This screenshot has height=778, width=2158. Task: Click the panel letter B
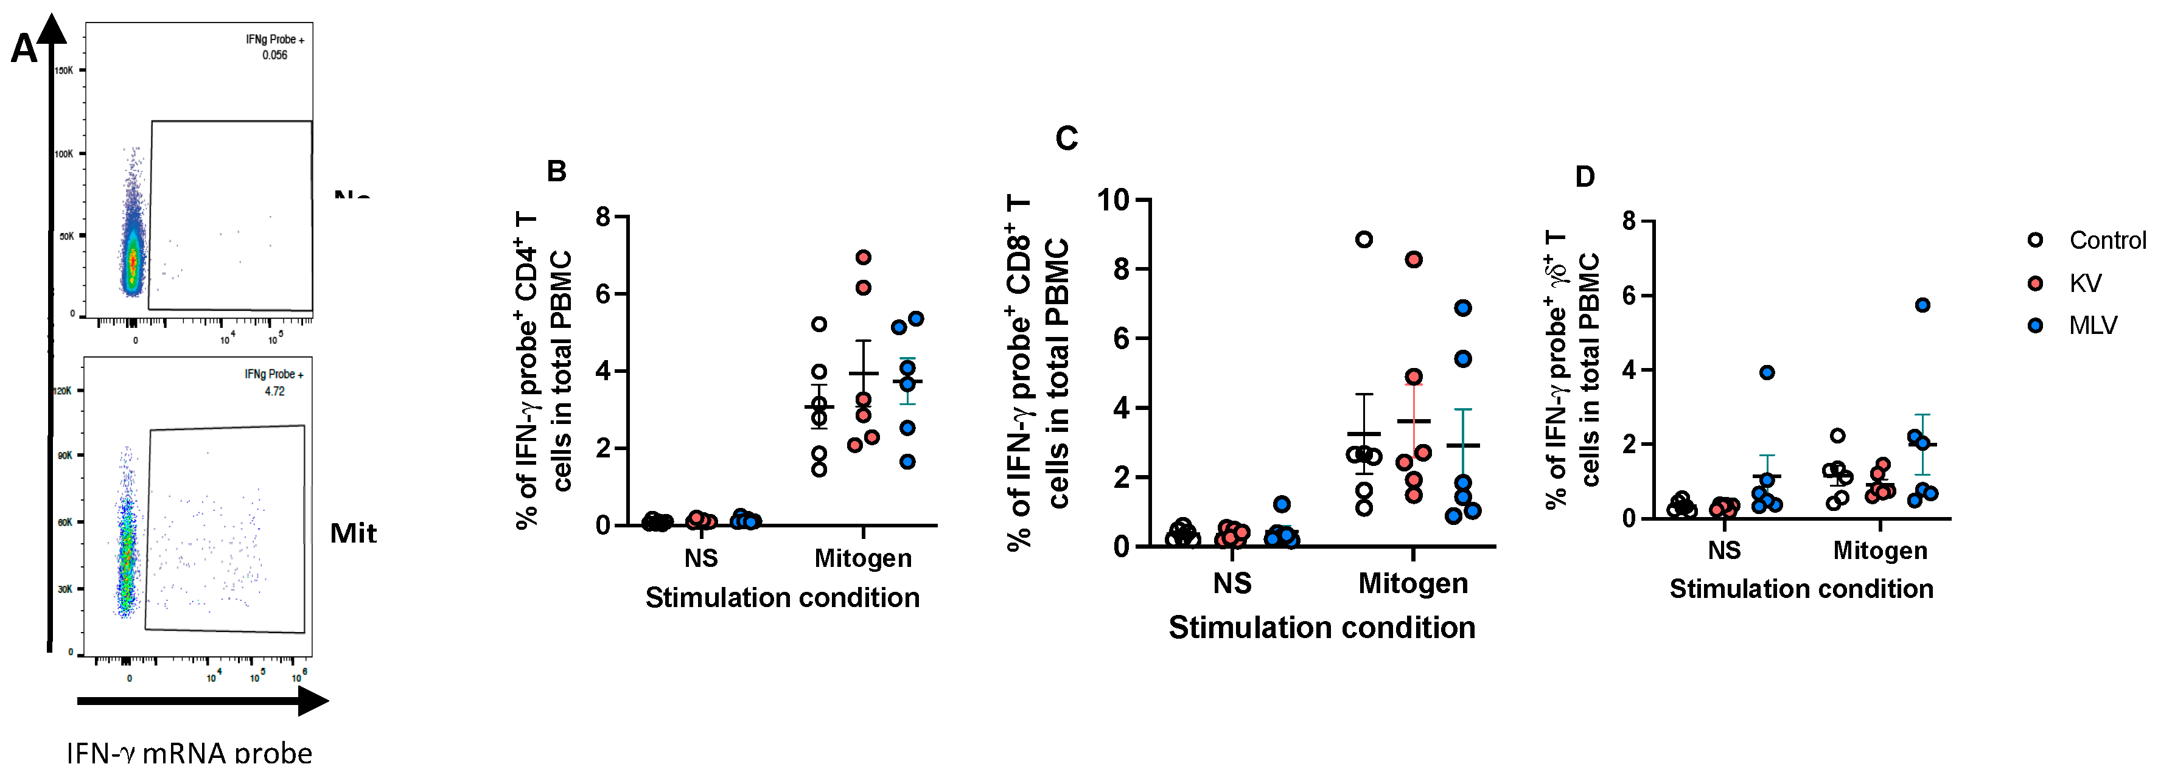click(x=556, y=172)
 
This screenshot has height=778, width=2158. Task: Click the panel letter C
click(x=1066, y=138)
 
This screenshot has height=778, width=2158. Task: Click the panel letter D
click(x=1584, y=176)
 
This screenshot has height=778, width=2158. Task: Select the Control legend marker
click(x=2035, y=240)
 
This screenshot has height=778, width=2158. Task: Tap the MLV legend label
click(x=2093, y=325)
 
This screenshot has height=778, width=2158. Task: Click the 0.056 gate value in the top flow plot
click(x=275, y=55)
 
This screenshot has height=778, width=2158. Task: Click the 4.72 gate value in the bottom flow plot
click(x=275, y=391)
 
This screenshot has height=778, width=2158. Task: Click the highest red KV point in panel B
click(x=864, y=257)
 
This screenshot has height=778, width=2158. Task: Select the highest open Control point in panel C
click(x=1364, y=240)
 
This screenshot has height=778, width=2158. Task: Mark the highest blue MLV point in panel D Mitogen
click(x=1922, y=305)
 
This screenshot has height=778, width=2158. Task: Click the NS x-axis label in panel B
click(x=700, y=558)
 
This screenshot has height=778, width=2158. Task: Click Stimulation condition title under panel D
click(x=1801, y=589)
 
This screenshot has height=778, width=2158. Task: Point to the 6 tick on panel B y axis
click(x=603, y=294)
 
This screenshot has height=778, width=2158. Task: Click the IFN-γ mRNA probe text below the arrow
click(x=189, y=753)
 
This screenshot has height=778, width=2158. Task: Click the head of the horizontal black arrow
click(x=313, y=701)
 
